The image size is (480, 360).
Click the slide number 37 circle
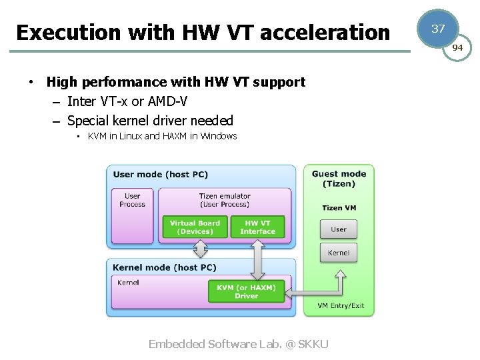click(438, 29)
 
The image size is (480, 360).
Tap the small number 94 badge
click(457, 48)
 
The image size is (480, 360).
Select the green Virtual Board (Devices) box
click(195, 227)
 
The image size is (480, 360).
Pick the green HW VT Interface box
click(258, 227)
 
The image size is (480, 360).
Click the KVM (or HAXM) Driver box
click(246, 291)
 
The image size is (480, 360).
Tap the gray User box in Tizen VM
click(339, 229)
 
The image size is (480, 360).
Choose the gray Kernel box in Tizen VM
click(339, 253)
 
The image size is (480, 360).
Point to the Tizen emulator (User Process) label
click(225, 200)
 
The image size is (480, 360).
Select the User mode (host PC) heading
click(161, 175)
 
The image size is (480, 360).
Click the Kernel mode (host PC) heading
click(165, 267)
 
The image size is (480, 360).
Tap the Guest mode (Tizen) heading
click(339, 179)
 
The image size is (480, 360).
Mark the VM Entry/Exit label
click(341, 305)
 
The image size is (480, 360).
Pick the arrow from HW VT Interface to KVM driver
click(258, 260)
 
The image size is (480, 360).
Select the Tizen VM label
click(339, 208)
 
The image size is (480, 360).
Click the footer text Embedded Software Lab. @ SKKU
click(238, 344)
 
